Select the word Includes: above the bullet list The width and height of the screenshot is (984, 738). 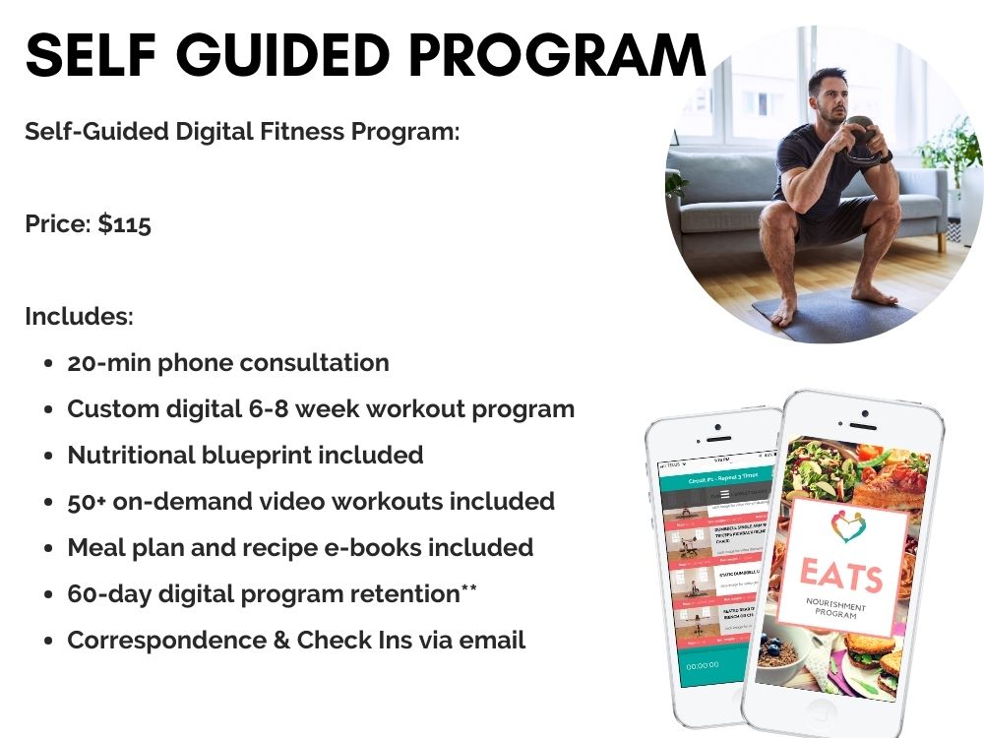(x=79, y=317)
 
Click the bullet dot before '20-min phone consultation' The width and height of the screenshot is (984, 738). (x=48, y=363)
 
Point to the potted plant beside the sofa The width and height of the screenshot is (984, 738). (x=950, y=157)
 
